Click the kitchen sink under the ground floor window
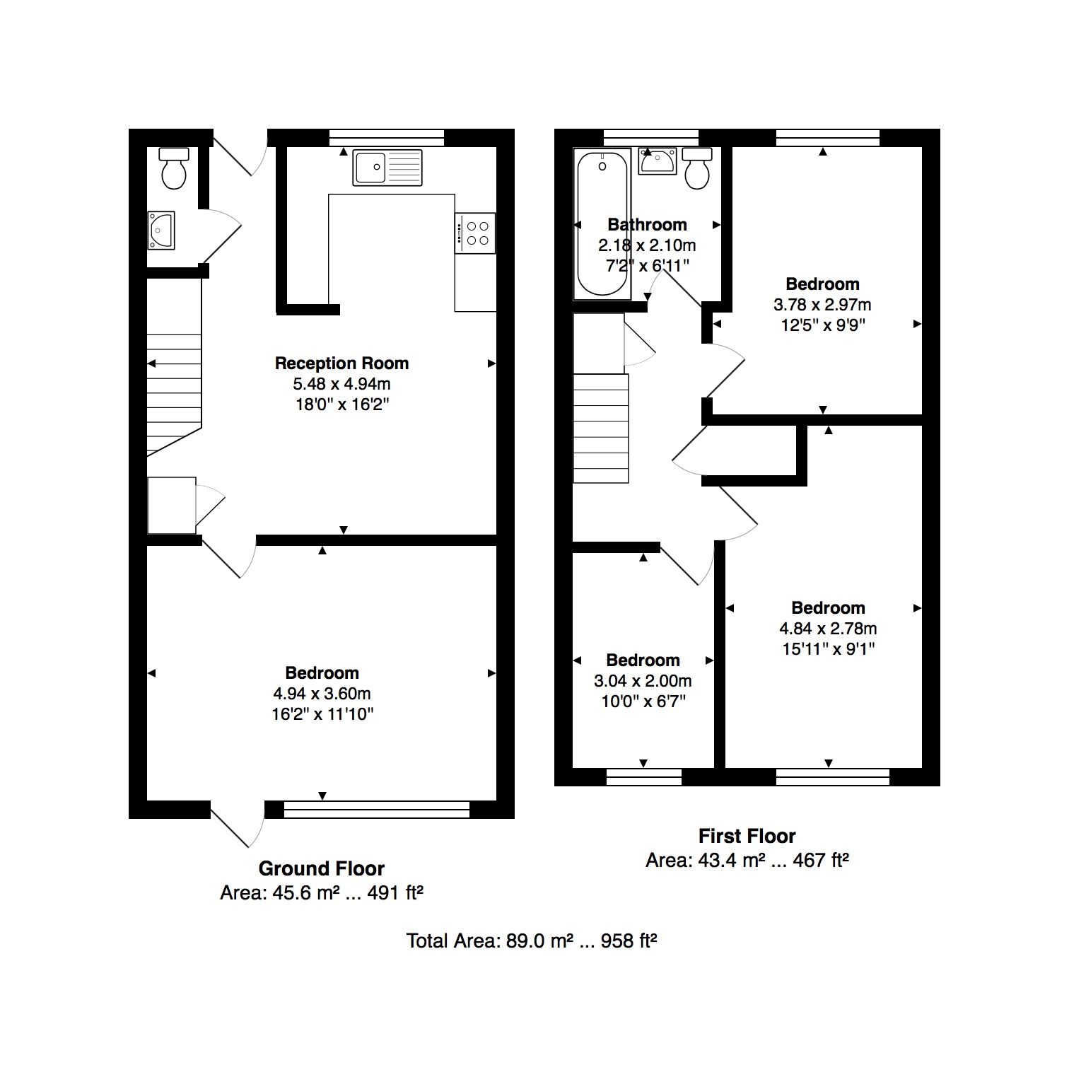(387, 168)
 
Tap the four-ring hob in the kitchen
(475, 233)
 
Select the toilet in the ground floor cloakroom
(174, 168)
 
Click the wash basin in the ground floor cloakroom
(161, 231)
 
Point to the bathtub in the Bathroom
(602, 224)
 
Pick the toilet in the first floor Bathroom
(697, 168)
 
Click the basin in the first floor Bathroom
(658, 161)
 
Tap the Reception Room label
(341, 363)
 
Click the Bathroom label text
(647, 225)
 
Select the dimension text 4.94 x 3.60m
(322, 694)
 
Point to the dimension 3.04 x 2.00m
(643, 681)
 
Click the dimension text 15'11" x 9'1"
(829, 648)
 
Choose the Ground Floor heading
(322, 868)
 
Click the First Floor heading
(747, 836)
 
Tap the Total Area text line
(532, 940)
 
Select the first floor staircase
(601, 429)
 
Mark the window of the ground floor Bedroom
(376, 810)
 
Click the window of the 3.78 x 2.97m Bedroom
(828, 138)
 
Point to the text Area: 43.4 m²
(695, 861)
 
